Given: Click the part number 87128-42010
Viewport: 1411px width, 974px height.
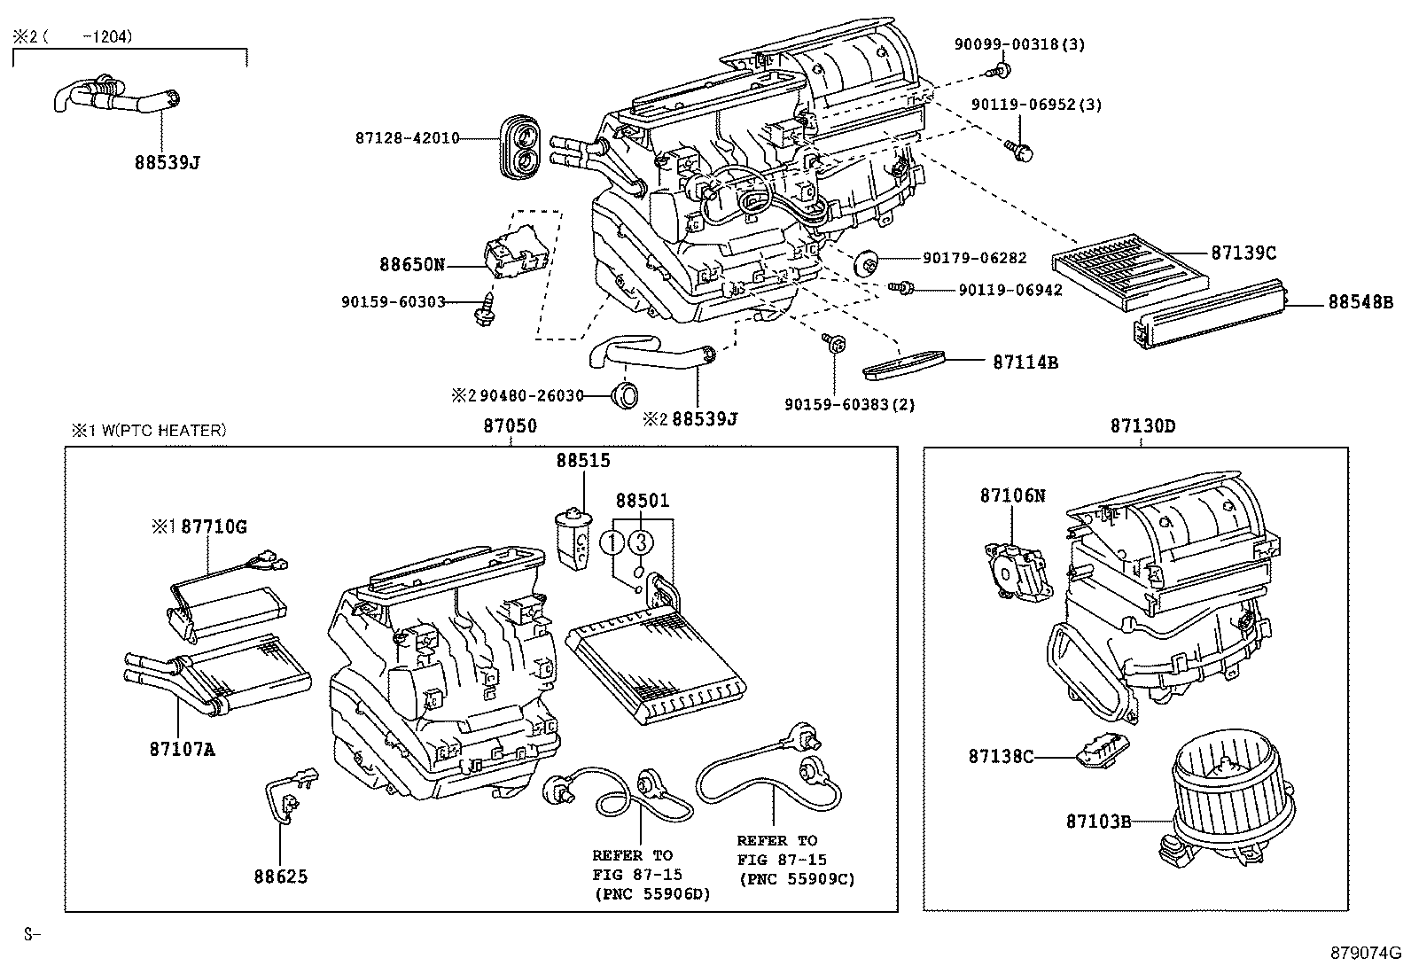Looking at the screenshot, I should click(x=407, y=138).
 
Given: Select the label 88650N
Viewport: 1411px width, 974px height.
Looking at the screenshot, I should click(x=411, y=264).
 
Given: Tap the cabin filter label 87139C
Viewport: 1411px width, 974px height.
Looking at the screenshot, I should click(x=1243, y=253).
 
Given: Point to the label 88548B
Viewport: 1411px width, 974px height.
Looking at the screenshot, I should click(x=1360, y=302).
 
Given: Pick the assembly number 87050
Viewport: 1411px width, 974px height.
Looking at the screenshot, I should click(x=510, y=426).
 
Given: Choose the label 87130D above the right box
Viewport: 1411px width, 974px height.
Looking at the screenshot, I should click(x=1142, y=426).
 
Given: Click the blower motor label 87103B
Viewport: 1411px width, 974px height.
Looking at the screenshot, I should click(x=1098, y=822).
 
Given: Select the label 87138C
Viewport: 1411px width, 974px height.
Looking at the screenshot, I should click(x=1000, y=756).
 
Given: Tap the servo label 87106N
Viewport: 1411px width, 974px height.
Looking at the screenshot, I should click(x=1011, y=496).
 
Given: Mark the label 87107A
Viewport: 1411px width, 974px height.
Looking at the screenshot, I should click(x=182, y=750).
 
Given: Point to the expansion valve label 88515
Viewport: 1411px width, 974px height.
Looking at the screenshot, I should click(x=583, y=461).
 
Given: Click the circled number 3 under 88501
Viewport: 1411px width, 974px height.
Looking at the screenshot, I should click(x=642, y=542).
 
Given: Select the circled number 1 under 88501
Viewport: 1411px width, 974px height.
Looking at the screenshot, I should click(x=612, y=542).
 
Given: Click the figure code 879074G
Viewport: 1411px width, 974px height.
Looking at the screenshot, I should click(x=1364, y=954).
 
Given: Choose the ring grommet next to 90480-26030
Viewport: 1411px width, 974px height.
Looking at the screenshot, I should click(x=627, y=394).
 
